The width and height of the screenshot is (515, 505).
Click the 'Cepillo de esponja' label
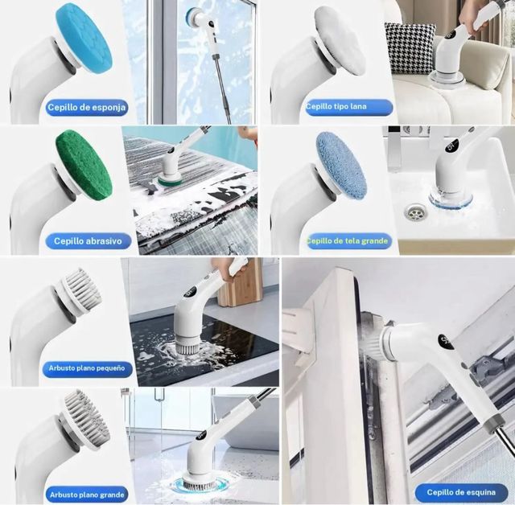[x=87, y=107]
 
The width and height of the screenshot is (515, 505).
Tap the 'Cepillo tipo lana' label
[x=348, y=107]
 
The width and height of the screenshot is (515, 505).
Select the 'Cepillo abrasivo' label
[x=88, y=241]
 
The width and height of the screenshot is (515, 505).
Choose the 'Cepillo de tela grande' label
[x=349, y=241]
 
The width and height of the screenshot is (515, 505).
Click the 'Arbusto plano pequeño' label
[x=87, y=368]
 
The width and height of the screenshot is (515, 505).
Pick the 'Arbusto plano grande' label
[x=87, y=495]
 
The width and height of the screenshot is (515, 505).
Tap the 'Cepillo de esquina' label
[x=461, y=492]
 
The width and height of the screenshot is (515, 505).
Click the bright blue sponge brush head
[x=84, y=39]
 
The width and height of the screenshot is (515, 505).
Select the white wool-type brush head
[x=340, y=41]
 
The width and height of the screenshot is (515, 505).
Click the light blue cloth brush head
[x=341, y=165]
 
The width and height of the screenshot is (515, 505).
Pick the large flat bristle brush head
[x=88, y=417]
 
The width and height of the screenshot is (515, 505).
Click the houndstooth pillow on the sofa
[x=410, y=48]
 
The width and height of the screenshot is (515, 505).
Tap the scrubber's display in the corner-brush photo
[x=445, y=341]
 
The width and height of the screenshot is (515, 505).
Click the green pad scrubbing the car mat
[x=169, y=180]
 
